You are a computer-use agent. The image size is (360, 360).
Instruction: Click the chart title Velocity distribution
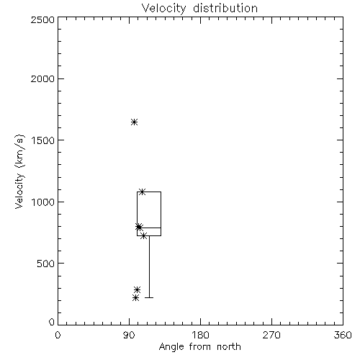point(199,9)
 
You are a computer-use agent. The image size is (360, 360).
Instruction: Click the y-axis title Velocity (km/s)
point(19,171)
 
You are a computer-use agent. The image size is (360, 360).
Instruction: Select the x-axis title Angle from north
point(199,347)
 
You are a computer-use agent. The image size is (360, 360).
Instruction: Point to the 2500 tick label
point(42,19)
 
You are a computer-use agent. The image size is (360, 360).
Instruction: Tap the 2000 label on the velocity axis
point(42,78)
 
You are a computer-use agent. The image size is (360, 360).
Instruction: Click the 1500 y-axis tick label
point(43,140)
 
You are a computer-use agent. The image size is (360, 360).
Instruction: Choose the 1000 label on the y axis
point(43,202)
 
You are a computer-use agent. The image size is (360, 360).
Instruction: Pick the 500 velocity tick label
point(46,264)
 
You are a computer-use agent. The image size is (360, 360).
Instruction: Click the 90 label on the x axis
point(129,335)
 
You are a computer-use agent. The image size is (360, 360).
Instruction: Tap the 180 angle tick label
point(200,335)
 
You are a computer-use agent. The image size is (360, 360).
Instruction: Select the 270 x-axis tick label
point(271,335)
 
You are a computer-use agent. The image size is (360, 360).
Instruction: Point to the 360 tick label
point(343,335)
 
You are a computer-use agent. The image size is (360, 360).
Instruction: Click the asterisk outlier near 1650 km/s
point(134,122)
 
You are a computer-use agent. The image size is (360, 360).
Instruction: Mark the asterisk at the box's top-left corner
point(142,192)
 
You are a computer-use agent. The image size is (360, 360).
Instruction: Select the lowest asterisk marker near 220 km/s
point(135,298)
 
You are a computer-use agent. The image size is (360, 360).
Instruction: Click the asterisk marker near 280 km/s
point(137,289)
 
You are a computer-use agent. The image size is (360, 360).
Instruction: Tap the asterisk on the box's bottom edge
point(143,236)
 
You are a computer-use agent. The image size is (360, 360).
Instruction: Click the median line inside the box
point(149,228)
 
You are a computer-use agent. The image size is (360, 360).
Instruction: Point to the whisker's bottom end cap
point(149,297)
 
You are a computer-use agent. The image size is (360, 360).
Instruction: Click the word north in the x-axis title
point(229,347)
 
